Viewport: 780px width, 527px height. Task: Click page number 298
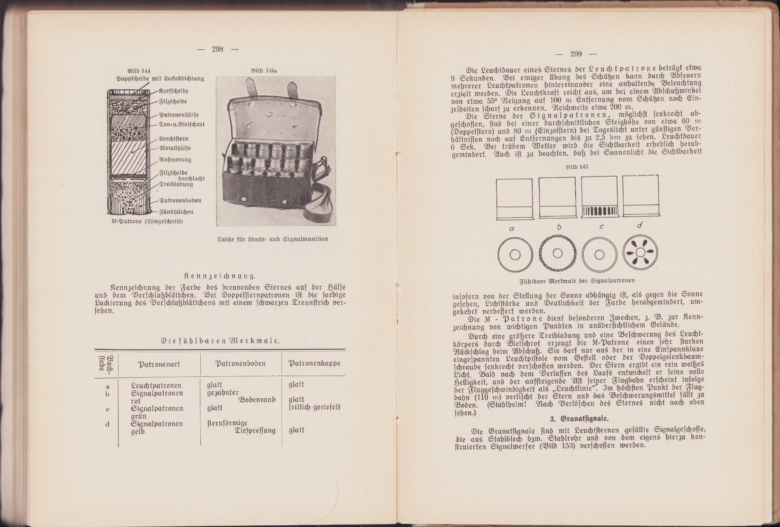217,49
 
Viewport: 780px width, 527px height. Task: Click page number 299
576,54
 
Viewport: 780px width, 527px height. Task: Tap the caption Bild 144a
264,71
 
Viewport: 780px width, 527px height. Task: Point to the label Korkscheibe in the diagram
173,91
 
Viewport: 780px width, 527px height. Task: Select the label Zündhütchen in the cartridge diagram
176,212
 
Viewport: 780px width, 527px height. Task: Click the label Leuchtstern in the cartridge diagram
173,138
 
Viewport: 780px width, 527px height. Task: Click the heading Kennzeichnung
220,276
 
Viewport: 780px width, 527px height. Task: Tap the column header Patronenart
159,364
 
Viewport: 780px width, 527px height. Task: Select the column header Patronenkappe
314,363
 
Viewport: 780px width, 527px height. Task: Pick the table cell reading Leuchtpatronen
156,385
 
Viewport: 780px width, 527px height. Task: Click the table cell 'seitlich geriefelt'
314,407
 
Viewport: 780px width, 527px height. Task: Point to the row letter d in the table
108,424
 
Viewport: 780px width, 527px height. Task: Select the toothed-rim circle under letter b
557,253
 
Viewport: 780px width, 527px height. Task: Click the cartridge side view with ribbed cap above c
599,197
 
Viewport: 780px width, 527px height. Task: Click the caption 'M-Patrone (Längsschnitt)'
147,221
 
